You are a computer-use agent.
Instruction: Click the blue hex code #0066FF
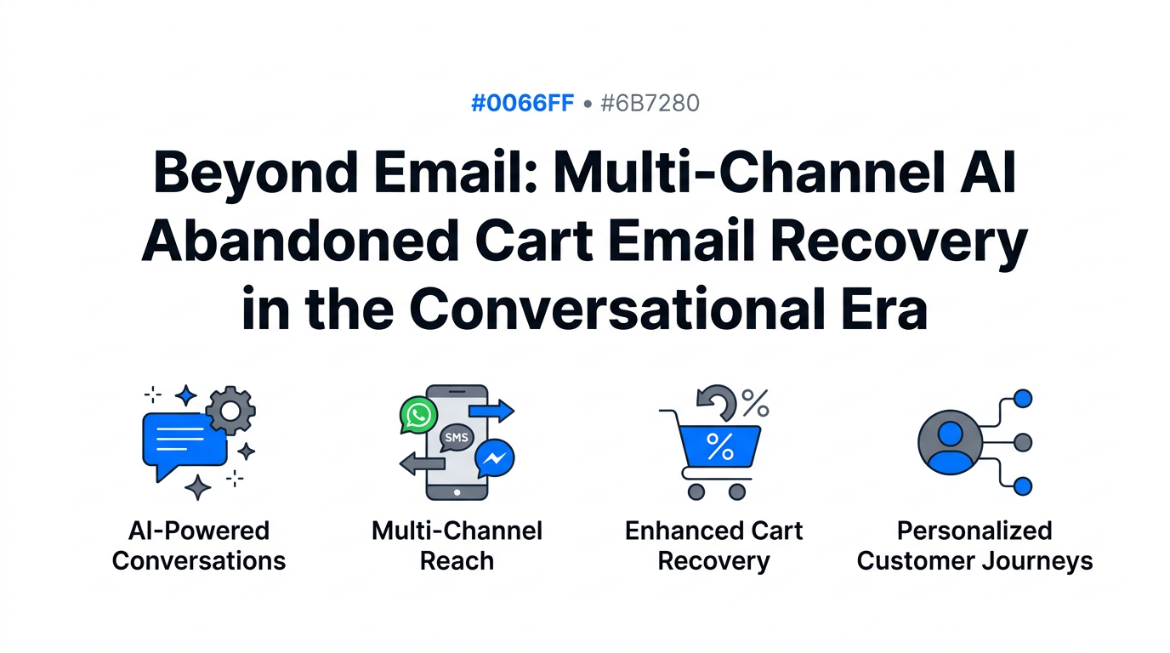click(x=522, y=104)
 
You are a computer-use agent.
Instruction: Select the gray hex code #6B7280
click(x=650, y=104)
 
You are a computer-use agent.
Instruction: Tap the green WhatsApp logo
click(x=418, y=415)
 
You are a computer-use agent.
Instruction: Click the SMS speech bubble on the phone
click(x=456, y=437)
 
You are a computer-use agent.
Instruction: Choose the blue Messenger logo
click(x=494, y=460)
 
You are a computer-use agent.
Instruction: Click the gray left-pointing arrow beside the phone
click(x=422, y=463)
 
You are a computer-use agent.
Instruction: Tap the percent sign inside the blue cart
click(x=720, y=446)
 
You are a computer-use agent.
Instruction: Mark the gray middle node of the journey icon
click(x=1024, y=442)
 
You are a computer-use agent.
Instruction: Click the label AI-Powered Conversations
click(x=199, y=546)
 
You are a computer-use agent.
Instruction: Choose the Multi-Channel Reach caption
click(x=457, y=546)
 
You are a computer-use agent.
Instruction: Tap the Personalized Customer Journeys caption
click(x=974, y=546)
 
